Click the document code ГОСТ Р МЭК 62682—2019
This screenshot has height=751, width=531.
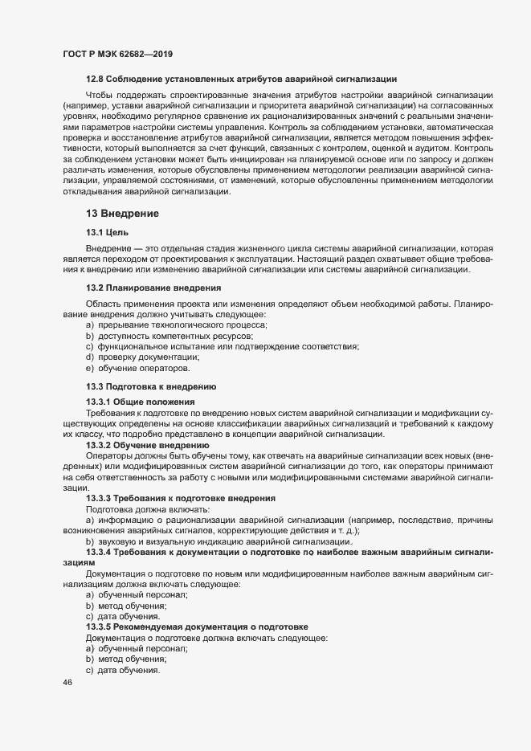point(117,54)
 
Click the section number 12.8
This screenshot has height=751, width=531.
point(95,78)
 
